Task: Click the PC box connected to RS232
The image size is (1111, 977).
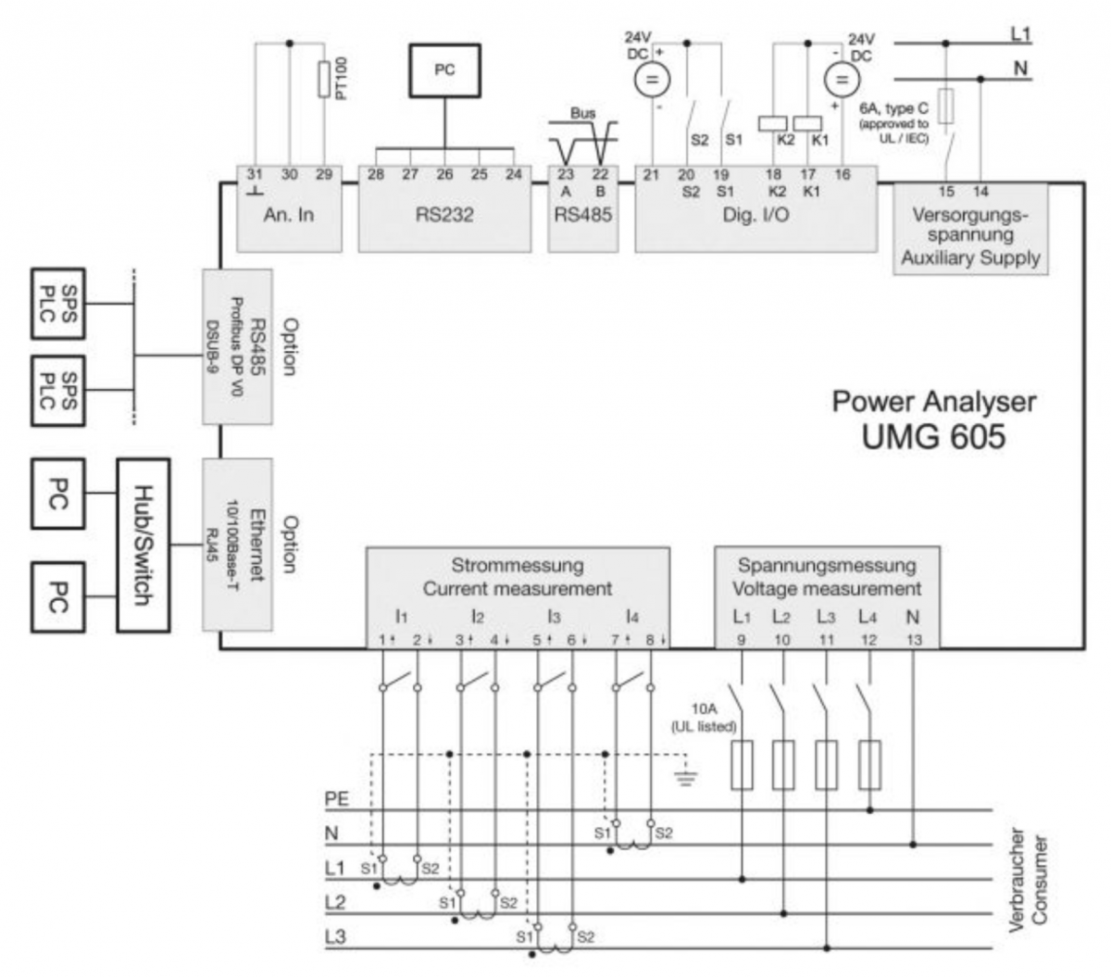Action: (444, 70)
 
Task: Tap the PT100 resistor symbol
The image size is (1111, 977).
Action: (323, 80)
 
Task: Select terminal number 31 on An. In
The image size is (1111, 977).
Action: (254, 174)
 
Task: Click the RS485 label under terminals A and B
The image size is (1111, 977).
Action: (582, 215)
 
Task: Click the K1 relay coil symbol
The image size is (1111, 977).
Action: (808, 122)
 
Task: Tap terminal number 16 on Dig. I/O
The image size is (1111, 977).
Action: (843, 174)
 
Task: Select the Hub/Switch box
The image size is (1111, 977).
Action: (143, 545)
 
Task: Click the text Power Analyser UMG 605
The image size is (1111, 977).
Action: (933, 419)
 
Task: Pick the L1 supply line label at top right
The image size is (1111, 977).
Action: (1020, 34)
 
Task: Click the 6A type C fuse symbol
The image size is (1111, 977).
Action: (945, 106)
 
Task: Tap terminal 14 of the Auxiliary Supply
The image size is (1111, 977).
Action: (980, 192)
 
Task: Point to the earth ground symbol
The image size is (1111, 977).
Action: (685, 779)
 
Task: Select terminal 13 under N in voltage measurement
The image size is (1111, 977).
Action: (914, 640)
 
